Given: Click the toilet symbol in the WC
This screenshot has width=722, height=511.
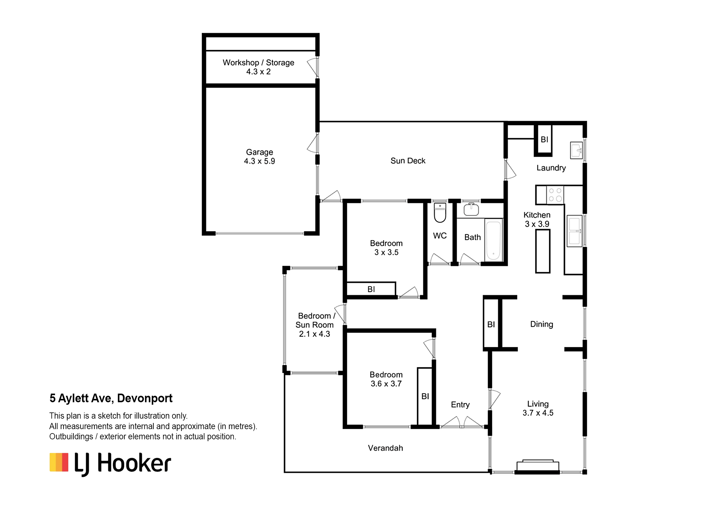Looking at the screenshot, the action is pos(440,213).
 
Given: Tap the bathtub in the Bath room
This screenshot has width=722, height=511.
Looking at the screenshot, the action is pos(493,240).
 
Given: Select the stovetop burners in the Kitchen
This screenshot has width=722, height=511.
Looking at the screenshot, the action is pos(555,195).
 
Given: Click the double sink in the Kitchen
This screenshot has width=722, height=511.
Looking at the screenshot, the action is pos(574,231).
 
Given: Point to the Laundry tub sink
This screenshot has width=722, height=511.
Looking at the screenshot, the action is pos(576,150).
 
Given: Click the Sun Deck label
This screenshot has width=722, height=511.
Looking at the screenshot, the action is pos(408,161).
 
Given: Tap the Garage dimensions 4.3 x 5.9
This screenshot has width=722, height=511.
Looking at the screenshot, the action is pos(259,161).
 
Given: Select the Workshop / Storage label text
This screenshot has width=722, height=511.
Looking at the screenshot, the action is pos(258,63).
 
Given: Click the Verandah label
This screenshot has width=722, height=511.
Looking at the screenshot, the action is pos(385,448).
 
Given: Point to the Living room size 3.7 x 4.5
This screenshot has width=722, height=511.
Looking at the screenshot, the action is pos(538,413).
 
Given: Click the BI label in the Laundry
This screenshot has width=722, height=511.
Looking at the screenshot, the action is pos(544,139).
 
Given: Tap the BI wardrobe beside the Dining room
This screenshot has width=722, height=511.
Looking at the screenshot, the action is pos(491,323).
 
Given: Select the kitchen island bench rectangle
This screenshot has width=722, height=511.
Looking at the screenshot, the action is pos(543,251).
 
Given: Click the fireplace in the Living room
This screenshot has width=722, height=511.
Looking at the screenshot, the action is pos(538,467).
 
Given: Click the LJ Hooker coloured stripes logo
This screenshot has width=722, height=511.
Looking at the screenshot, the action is pos(59,462).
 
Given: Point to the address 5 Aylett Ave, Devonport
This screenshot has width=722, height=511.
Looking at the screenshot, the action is pos(111,398).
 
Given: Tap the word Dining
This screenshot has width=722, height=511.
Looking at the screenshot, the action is pos(541,324).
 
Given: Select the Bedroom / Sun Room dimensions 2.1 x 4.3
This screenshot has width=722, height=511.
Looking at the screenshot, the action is pos(315,334).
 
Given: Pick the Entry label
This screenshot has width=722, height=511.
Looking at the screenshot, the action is pos(460,405).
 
